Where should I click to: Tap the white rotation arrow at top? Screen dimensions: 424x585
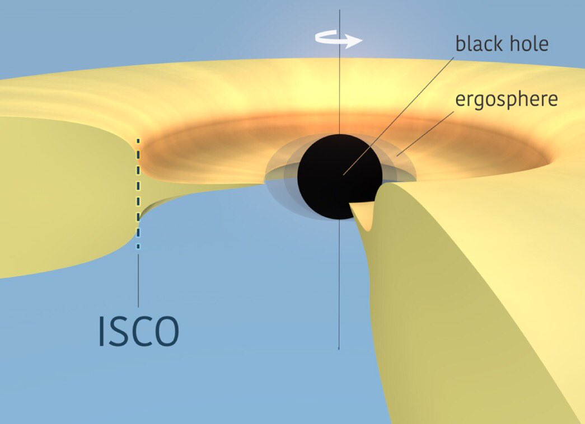click(x=339, y=39)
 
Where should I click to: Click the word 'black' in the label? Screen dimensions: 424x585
click(x=476, y=44)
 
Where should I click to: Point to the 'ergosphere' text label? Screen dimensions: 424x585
click(x=506, y=100)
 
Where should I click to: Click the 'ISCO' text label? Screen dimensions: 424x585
click(x=138, y=331)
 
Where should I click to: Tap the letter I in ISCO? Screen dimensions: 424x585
click(x=101, y=331)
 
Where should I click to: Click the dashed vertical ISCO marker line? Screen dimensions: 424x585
click(x=138, y=190)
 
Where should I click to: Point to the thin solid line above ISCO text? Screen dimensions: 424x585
click(x=138, y=280)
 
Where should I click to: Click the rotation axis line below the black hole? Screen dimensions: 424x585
click(x=339, y=280)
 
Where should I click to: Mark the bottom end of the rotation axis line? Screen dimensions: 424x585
click(x=339, y=348)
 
